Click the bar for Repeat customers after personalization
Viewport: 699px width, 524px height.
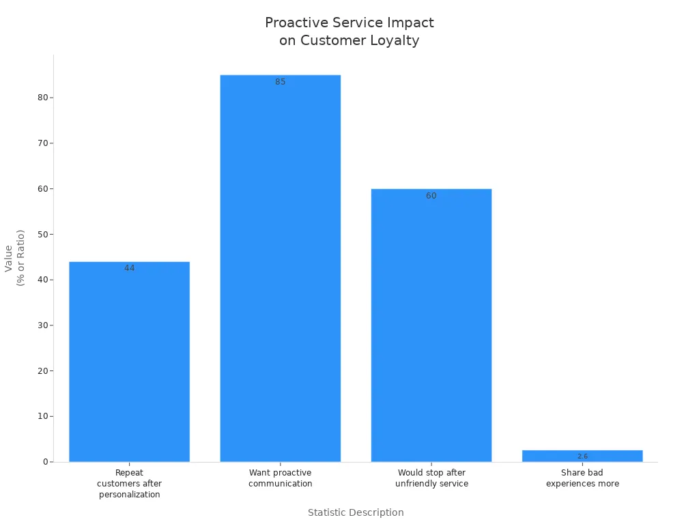[x=129, y=362]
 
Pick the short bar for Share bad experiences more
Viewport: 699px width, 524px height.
[x=582, y=456]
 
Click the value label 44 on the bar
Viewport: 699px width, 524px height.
[x=129, y=268]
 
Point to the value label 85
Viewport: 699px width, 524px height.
[x=280, y=82]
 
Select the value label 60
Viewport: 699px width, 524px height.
[x=431, y=196]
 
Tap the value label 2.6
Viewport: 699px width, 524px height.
[x=582, y=456]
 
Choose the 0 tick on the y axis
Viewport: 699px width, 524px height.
[x=45, y=462]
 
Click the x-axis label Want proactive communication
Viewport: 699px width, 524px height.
[x=280, y=478]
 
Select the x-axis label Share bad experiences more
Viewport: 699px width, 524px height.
[x=582, y=478]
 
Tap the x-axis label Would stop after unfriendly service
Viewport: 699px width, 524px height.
[x=431, y=478]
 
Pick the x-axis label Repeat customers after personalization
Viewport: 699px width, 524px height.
[x=129, y=483]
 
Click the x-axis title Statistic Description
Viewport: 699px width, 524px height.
[x=356, y=512]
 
